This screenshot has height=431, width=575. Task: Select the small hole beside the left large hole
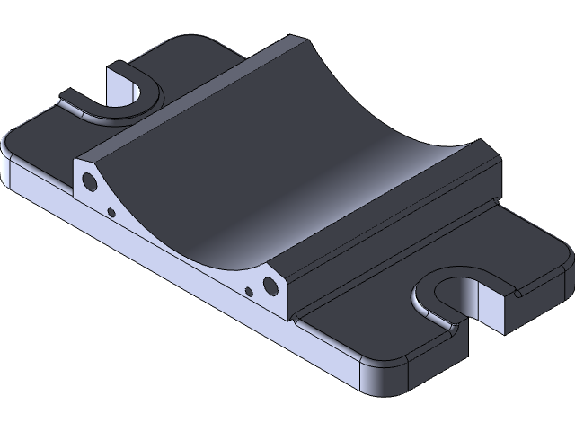click(x=111, y=212)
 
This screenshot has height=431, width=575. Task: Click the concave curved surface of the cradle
click(x=270, y=162)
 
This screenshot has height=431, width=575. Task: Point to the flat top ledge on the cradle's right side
click(x=386, y=207)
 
